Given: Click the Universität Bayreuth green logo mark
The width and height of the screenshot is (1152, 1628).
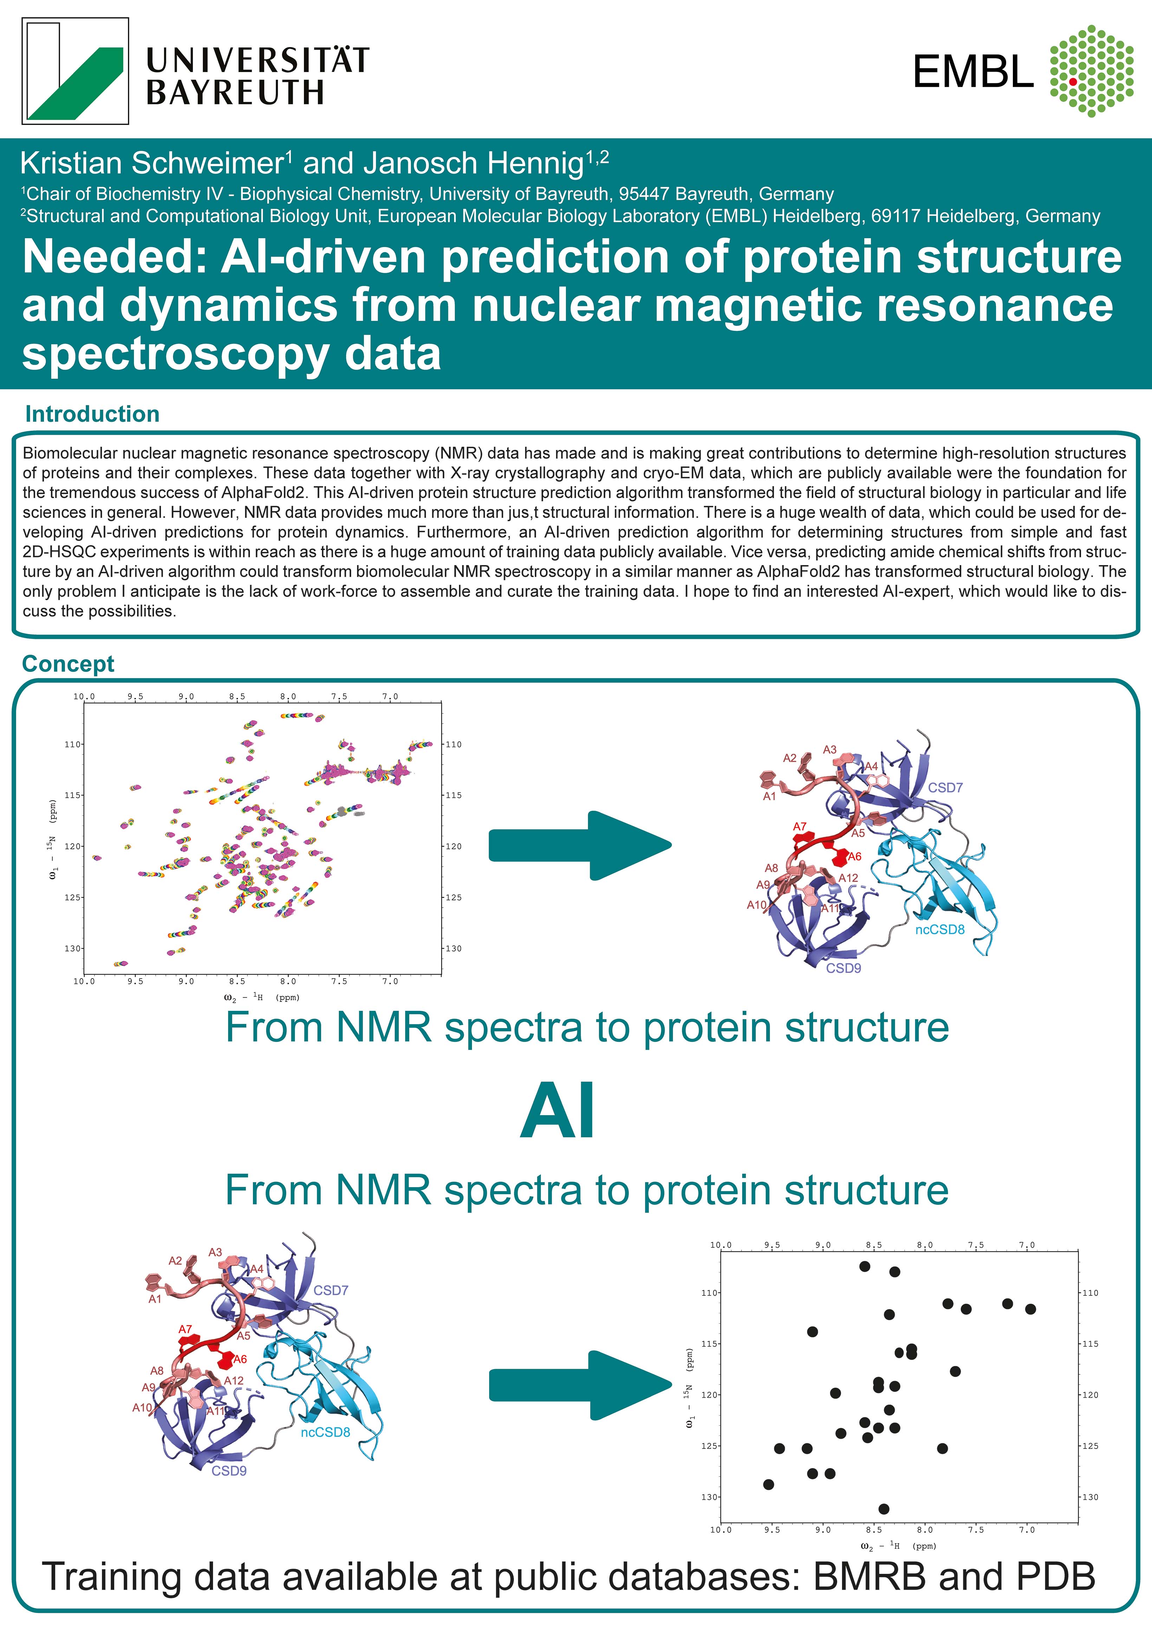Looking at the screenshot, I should pos(75,71).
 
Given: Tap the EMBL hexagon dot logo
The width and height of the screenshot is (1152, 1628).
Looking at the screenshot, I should pos(1091,71).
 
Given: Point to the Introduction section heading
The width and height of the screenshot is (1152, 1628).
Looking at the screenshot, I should pos(92,414).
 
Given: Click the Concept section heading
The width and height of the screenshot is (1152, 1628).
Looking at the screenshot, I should pos(68,664).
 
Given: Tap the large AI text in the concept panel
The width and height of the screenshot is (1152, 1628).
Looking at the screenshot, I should pos(558,1111).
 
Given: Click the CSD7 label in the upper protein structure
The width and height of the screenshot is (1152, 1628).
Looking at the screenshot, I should pos(945,788).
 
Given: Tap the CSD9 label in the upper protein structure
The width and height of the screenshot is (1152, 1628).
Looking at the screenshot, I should pos(843,968).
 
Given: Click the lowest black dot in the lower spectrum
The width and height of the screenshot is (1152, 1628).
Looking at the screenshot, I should pos(884,1509).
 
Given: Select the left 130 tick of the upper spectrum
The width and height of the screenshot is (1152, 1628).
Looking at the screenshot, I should pos(74,948).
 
